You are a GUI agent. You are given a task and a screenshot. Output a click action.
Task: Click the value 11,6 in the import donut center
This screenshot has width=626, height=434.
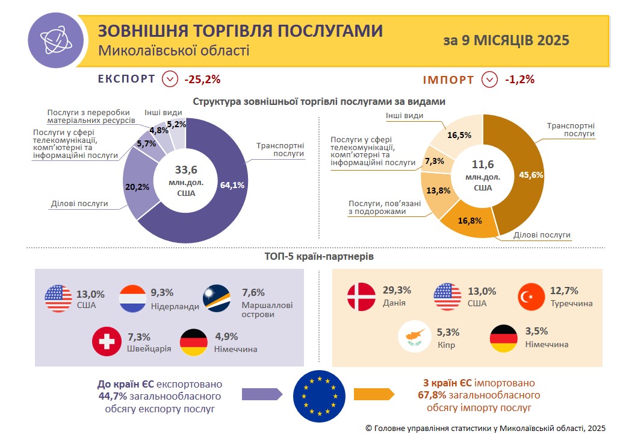pyautogui.click(x=479, y=164)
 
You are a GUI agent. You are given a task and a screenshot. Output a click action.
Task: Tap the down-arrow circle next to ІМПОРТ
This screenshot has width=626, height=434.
pyautogui.click(x=489, y=80)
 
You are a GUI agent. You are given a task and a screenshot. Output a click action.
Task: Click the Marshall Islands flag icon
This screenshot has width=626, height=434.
pyautogui.click(x=218, y=298)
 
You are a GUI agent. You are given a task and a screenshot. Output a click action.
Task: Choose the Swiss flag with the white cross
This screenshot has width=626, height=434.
pyautogui.click(x=107, y=342)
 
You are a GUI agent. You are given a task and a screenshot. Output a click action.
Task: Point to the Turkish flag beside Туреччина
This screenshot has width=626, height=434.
pyautogui.click(x=532, y=297)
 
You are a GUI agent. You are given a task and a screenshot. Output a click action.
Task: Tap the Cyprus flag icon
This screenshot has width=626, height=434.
pyautogui.click(x=412, y=338)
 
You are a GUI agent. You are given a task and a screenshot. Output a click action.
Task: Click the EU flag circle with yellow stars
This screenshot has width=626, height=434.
pyautogui.click(x=318, y=395)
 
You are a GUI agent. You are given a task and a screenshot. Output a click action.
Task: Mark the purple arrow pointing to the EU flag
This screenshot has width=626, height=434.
pyautogui.click(x=262, y=395)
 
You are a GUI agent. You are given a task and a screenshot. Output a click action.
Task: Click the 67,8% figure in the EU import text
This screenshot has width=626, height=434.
pyautogui.click(x=431, y=395)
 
